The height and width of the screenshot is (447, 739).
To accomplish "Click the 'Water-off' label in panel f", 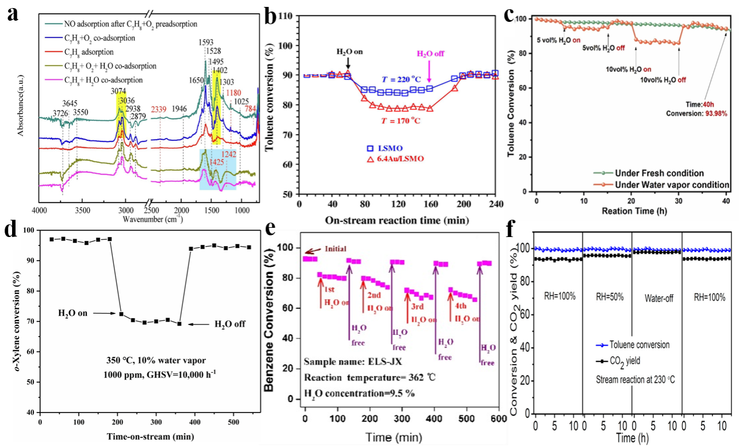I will click(x=656, y=299).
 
